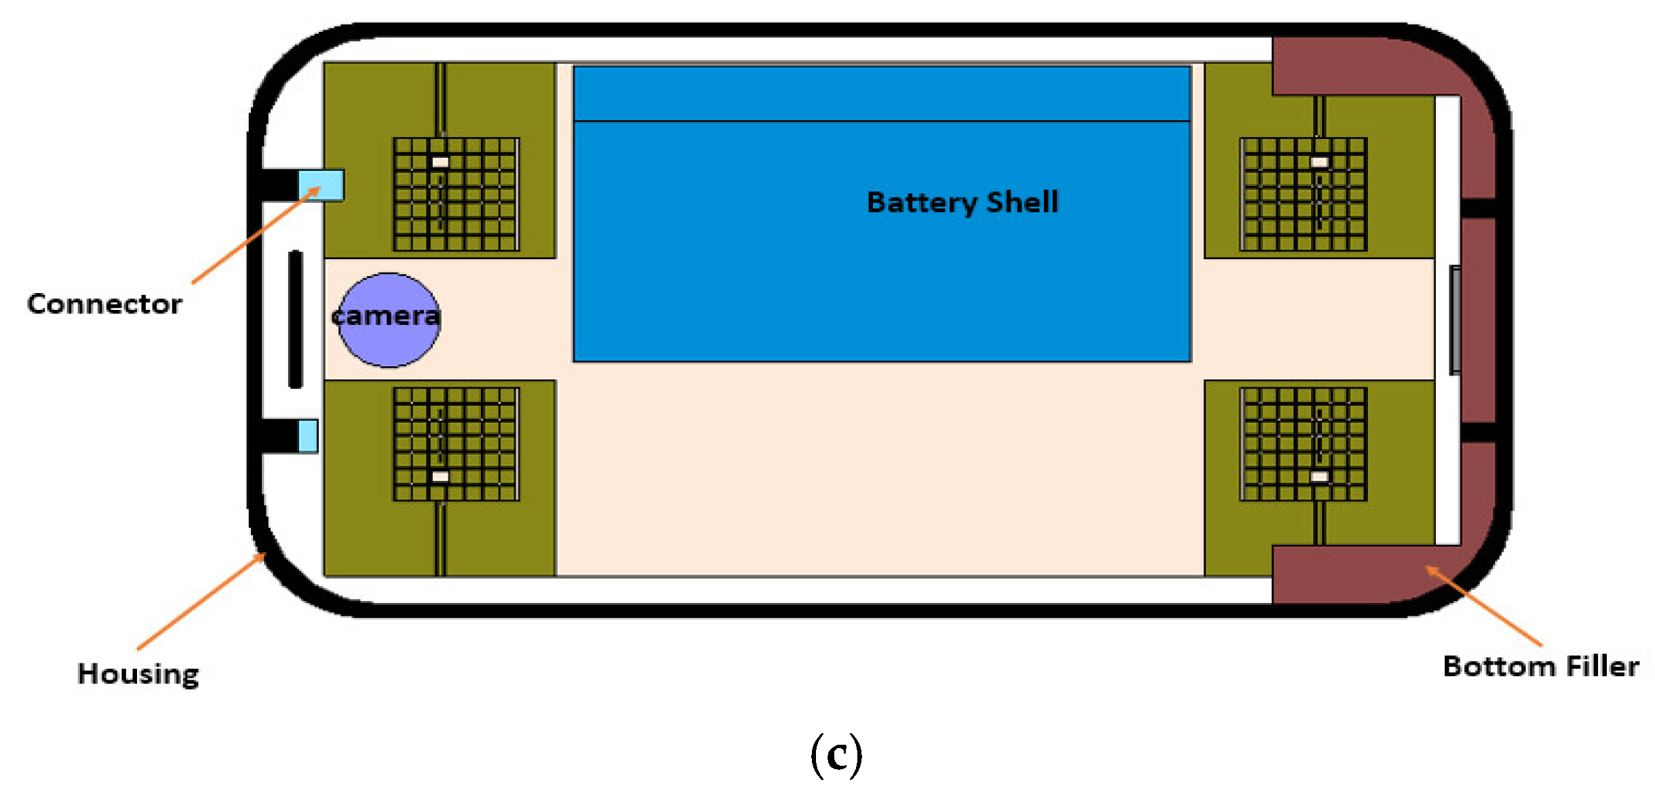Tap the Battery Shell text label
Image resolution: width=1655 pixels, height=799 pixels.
tap(962, 202)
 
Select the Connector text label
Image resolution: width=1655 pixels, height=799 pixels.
tap(104, 304)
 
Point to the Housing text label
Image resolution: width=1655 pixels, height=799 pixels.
tap(138, 674)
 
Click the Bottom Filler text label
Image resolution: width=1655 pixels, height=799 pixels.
tap(1540, 666)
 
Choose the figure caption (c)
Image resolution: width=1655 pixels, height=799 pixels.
tap(836, 754)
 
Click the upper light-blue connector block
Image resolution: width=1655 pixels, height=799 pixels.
tap(322, 185)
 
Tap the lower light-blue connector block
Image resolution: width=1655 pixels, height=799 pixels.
tap(308, 435)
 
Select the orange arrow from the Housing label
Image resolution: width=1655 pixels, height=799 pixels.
tap(201, 602)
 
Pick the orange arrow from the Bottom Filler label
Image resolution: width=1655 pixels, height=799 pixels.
tap(1485, 606)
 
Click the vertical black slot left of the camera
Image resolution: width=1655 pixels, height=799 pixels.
tap(295, 319)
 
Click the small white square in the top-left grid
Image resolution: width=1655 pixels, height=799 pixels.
tap(440, 162)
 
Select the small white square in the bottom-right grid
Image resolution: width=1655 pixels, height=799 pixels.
tap(1319, 477)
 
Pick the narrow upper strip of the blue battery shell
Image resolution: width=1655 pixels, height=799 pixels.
tap(882, 94)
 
